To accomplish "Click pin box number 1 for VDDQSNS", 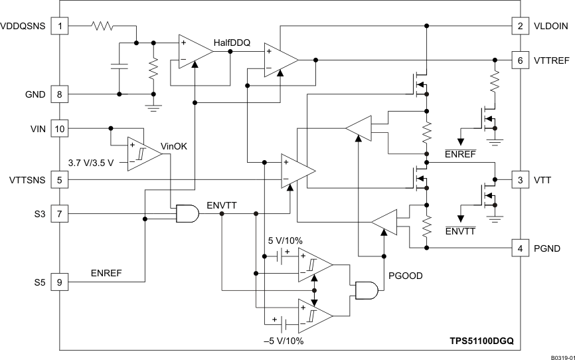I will pyautogui.click(x=60, y=27).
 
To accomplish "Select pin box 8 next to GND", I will pyautogui.click(x=60, y=94).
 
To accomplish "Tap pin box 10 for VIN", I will pyautogui.click(x=60, y=128).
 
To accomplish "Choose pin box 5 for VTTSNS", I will pyautogui.click(x=60, y=179).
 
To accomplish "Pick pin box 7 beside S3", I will pyautogui.click(x=60, y=214).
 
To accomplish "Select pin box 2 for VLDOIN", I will pyautogui.click(x=520, y=27).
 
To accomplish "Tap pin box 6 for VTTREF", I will pyautogui.click(x=520, y=60).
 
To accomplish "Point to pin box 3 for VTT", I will pyautogui.click(x=520, y=180).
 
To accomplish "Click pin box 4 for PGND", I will pyautogui.click(x=520, y=248).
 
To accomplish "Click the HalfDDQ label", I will pyautogui.click(x=232, y=43).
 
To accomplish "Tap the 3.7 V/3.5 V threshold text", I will pyautogui.click(x=92, y=161).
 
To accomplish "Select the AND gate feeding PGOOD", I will pyautogui.click(x=367, y=290).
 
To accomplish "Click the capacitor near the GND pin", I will pyautogui.click(x=120, y=67).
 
